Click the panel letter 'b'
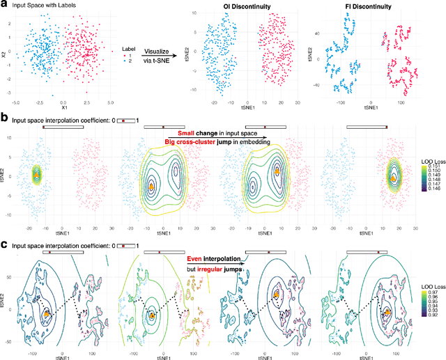[4, 119]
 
